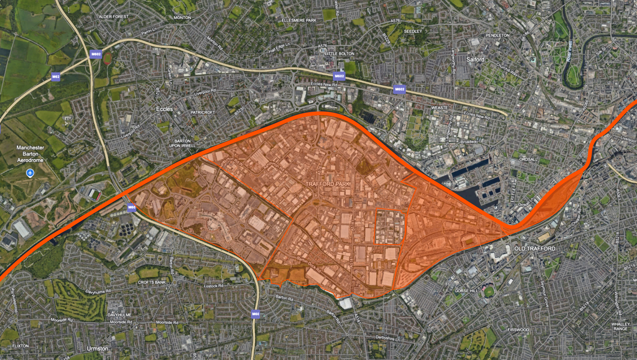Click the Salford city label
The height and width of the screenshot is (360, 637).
475,59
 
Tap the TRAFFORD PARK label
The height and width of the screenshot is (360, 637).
328,184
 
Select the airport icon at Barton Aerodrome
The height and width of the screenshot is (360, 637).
30,173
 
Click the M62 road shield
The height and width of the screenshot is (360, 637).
56,77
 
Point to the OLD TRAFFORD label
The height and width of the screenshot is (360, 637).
535,249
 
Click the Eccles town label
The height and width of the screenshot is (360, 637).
164,109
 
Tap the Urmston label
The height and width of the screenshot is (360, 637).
97,349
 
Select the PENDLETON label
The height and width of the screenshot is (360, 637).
497,35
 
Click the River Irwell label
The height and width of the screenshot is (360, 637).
569,52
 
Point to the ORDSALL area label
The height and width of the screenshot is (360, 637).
528,159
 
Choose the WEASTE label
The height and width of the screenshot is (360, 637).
439,108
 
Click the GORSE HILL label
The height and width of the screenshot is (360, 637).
466,291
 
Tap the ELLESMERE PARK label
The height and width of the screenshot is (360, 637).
299,20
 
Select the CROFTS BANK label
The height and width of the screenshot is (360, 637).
152,282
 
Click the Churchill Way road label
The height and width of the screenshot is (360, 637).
507,69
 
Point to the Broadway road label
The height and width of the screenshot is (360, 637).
469,142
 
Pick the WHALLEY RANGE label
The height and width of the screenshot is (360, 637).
620,326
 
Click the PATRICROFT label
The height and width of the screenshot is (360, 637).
202,113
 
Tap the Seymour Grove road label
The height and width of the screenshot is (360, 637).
544,294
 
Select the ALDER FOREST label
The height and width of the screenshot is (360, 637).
113,17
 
